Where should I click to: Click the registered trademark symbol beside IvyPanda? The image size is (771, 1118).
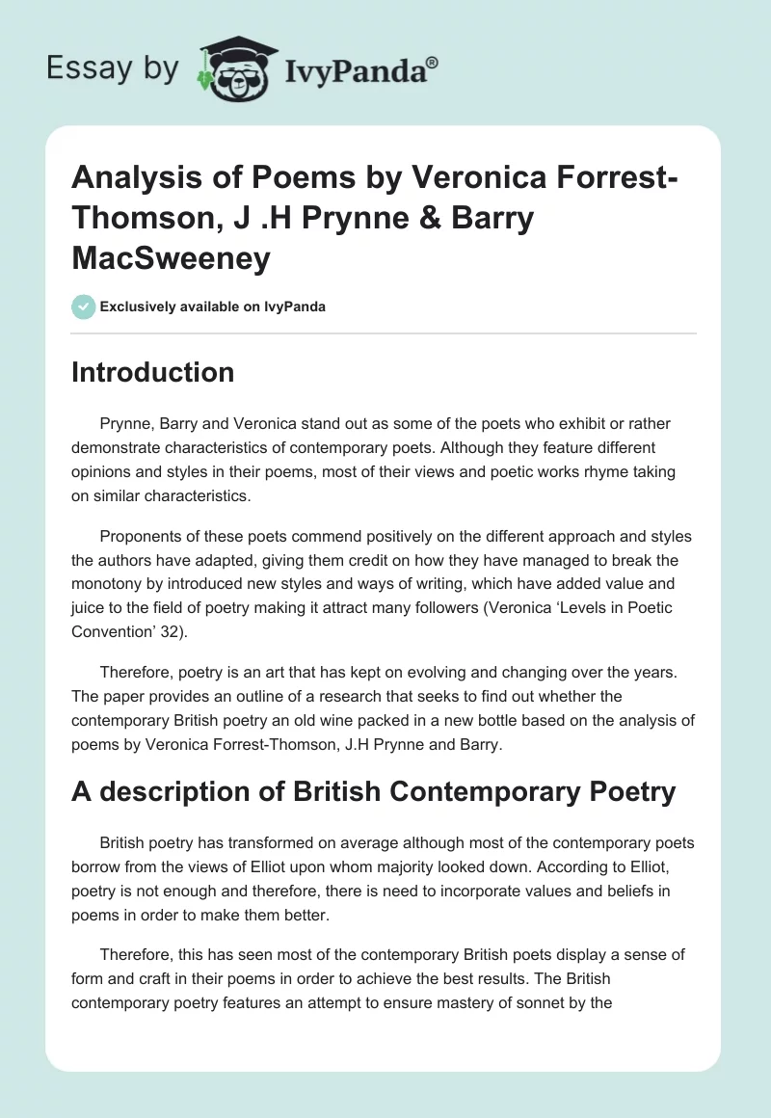click(x=433, y=63)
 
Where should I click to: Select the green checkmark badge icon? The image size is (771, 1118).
click(x=83, y=306)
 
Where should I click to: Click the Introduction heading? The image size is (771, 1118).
click(x=152, y=372)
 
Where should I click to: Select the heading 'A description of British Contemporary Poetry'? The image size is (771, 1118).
click(x=374, y=791)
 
